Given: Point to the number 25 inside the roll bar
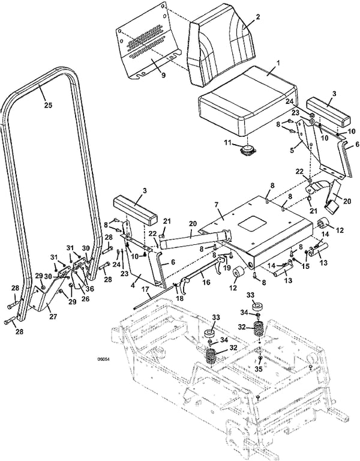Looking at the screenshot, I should (48, 105).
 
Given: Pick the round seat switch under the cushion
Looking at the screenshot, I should (245, 150).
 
